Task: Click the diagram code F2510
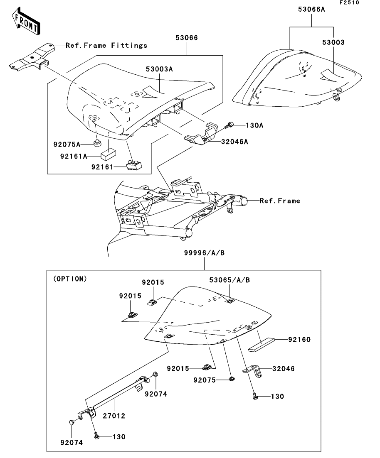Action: pos(349,2)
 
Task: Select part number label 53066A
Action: pos(311,10)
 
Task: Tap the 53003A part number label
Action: pos(159,69)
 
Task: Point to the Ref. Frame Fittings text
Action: pos(106,45)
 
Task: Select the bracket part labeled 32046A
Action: pos(201,132)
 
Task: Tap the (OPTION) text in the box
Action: pos(70,279)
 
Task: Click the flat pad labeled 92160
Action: pos(262,344)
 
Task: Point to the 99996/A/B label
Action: pos(205,253)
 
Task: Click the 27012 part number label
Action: pos(114,416)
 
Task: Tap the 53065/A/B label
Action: pos(229,280)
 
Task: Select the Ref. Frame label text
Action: pos(280,201)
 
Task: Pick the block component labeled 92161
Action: pos(134,165)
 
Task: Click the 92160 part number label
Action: pos(299,340)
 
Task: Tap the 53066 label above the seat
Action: pos(187,38)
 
